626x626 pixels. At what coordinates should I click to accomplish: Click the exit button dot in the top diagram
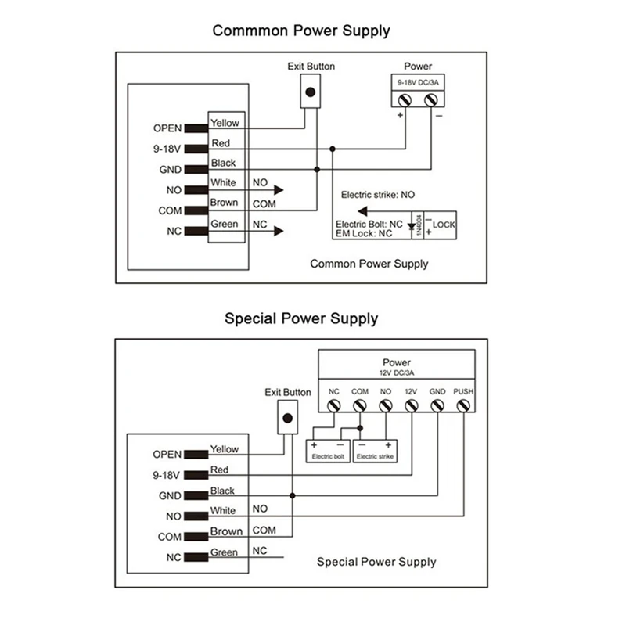pos(310,92)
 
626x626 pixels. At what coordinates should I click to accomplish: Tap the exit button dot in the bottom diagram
pos(287,419)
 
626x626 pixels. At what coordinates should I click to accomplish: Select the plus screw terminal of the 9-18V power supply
pos(405,100)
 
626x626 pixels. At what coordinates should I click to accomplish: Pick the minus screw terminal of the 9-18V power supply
pos(431,100)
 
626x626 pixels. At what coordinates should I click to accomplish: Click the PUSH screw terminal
pos(463,406)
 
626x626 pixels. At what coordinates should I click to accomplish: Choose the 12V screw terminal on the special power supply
pos(412,406)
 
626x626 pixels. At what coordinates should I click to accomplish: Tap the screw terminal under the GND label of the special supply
pos(437,406)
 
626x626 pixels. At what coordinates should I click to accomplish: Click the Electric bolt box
pos(328,452)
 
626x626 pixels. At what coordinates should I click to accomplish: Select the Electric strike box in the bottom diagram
pos(375,452)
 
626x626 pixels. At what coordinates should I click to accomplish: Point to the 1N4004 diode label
pos(419,225)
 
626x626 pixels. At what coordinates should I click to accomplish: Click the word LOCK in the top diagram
pos(444,225)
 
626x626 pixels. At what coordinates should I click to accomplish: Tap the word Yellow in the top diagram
pos(225,123)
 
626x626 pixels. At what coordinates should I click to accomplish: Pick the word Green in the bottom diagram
pos(224,552)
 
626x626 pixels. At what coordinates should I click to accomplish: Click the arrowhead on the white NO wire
pos(279,190)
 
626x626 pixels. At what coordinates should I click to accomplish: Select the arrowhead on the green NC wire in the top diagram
pos(279,231)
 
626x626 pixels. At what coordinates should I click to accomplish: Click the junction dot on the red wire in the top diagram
pos(332,149)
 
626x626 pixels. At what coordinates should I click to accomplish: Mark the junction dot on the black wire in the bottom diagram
pos(292,495)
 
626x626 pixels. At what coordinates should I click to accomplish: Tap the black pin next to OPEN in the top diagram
pos(196,128)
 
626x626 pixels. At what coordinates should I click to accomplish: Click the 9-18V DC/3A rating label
pos(418,83)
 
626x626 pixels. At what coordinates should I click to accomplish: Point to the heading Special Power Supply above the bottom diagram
pos(301,318)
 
